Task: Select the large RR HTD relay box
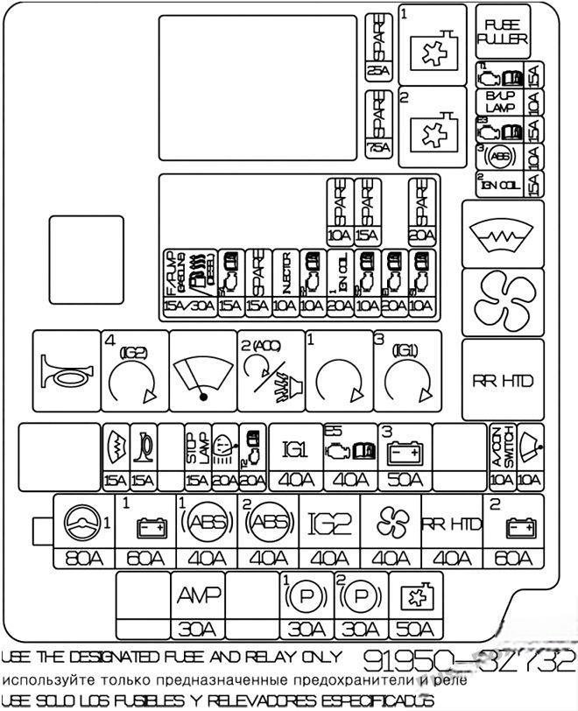pyautogui.click(x=503, y=380)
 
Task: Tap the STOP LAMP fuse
pyautogui.click(x=197, y=455)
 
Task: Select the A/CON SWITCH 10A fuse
pyautogui.click(x=501, y=455)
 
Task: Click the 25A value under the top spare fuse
pyautogui.click(x=379, y=72)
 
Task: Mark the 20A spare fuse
pyautogui.click(x=421, y=211)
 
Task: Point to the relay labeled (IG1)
pyautogui.click(x=405, y=370)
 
